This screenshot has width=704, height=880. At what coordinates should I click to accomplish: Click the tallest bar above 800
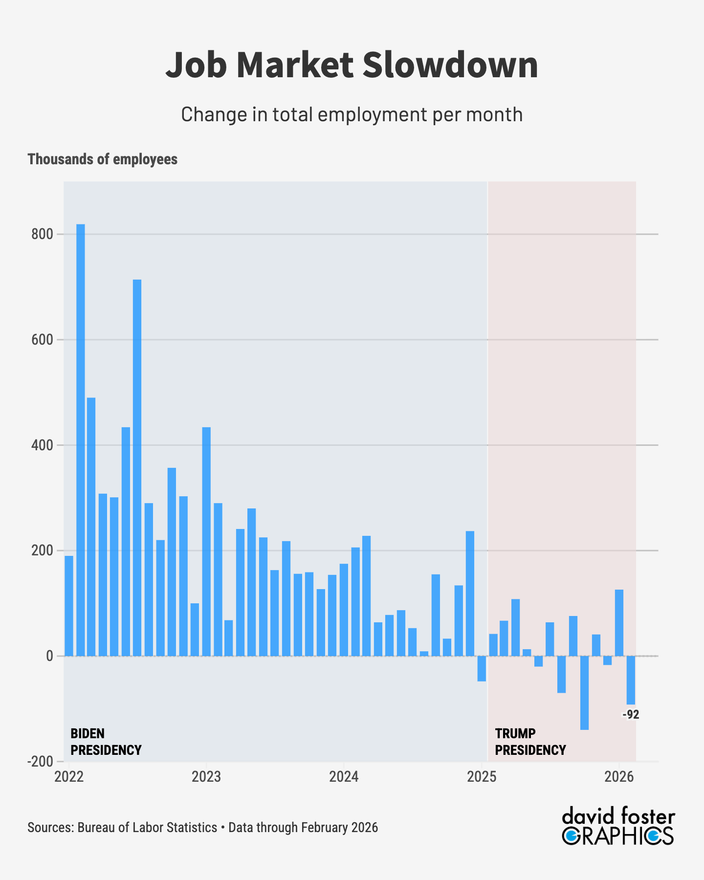(81, 440)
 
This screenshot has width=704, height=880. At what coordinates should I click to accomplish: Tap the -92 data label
(631, 715)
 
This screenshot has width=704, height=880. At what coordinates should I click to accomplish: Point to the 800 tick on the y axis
(42, 234)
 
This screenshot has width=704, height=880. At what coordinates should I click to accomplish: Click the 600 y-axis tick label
(42, 340)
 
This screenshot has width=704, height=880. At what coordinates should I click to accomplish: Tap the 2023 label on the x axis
(206, 777)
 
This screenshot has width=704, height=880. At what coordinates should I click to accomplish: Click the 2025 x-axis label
(482, 777)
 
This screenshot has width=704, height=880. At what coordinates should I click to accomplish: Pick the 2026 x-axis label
(619, 777)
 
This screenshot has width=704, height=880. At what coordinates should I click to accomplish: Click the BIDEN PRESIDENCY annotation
(106, 742)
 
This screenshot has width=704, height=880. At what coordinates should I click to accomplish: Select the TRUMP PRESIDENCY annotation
(530, 742)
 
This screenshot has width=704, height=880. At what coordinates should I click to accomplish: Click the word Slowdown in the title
(450, 65)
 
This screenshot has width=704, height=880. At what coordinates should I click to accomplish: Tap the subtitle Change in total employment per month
(352, 114)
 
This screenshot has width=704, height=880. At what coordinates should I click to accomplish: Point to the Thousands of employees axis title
(103, 159)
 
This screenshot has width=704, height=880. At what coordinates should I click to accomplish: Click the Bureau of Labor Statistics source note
(147, 828)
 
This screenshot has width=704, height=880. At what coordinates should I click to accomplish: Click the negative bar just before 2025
(482, 668)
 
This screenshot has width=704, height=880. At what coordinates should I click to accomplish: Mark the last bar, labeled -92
(631, 680)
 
